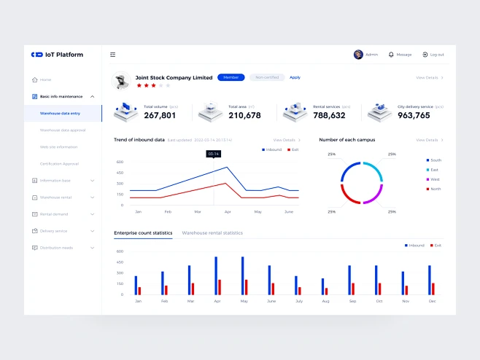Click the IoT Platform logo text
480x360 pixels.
point(64,55)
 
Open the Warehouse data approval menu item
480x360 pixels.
point(63,130)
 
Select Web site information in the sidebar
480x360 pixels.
point(58,146)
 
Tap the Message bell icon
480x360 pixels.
point(391,55)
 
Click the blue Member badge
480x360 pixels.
point(231,77)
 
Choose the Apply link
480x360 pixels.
point(295,77)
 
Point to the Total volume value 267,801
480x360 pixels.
point(160,115)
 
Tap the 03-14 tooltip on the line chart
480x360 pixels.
point(213,154)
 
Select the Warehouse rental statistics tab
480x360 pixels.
point(212,232)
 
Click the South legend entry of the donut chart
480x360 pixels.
point(435,160)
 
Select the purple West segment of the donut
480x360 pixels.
point(374,195)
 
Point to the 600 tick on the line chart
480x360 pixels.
point(120,162)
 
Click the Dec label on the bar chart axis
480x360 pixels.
point(432,301)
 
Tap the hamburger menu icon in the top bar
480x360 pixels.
point(113,55)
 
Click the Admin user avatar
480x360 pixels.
point(358,55)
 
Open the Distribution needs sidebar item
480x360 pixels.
point(56,248)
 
